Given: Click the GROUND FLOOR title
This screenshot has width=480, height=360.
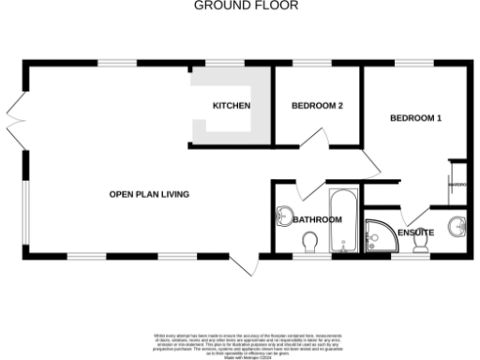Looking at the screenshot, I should (246, 6).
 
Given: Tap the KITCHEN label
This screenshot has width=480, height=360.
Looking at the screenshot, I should (231, 106).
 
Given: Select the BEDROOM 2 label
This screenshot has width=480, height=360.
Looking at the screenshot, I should (317, 106).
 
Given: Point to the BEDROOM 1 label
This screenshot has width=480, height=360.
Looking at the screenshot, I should (415, 118).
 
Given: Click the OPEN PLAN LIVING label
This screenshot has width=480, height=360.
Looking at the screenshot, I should (149, 195).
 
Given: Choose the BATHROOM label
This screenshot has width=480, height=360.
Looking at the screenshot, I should (317, 220).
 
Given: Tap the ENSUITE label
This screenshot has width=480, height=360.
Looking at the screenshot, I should (415, 232).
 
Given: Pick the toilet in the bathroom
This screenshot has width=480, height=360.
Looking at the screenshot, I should (310, 243).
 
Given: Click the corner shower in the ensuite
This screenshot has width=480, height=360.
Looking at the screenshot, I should (380, 236).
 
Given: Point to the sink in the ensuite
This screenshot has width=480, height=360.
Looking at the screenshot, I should (457, 226).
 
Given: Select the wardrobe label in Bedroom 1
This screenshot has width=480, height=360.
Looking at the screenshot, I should (457, 185).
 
